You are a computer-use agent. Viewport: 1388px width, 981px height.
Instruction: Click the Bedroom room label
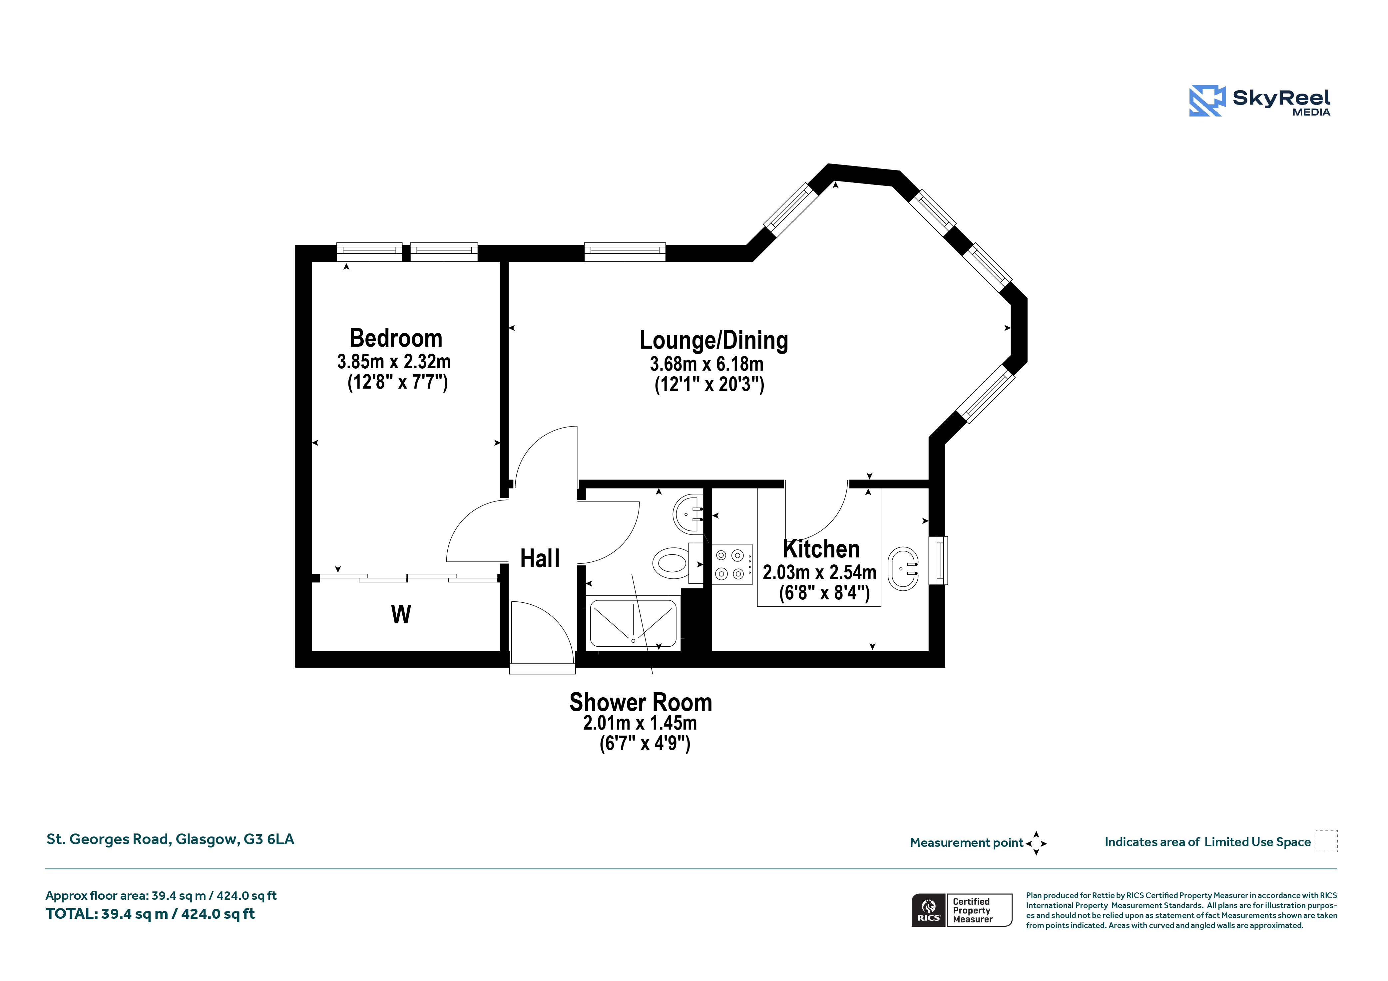pos(396,338)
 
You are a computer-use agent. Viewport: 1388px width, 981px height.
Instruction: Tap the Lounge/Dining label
pos(714,340)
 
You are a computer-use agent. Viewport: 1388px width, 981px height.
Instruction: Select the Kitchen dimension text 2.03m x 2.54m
pos(819,572)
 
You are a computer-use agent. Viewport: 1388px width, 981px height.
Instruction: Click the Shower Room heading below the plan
pos(641,702)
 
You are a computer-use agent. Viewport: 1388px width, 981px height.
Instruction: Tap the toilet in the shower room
pos(678,563)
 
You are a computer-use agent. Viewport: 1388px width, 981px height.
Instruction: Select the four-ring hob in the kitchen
pos(731,564)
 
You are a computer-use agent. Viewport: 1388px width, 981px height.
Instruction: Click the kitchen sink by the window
pos(903,569)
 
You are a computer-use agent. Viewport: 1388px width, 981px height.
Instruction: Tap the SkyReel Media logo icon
pos(1207,100)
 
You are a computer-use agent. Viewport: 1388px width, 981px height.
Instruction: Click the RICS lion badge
pos(929,910)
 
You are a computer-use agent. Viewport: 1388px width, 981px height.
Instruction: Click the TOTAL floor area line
pos(151,914)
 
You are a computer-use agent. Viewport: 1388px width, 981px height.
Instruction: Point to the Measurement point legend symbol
pos(1036,843)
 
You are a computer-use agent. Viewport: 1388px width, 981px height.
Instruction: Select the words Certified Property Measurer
pos(973,910)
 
